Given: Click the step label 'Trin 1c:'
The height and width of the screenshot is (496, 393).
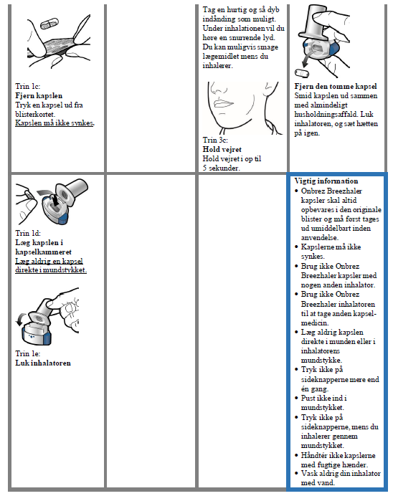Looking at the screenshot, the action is [x=28, y=86].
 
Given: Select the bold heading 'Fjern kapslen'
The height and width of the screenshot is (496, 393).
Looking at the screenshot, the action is [x=39, y=95].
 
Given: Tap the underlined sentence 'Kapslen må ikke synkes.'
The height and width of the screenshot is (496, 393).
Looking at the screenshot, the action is [x=55, y=123].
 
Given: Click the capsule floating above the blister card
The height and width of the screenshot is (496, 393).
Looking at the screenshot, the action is [x=49, y=24].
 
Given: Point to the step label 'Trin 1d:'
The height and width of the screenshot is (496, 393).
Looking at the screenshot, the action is [x=28, y=233].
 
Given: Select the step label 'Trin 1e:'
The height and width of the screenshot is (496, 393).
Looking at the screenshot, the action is [x=28, y=353].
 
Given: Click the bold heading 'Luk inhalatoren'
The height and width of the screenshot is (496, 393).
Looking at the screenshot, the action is [x=43, y=363].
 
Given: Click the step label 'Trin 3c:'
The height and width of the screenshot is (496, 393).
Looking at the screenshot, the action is [x=215, y=140].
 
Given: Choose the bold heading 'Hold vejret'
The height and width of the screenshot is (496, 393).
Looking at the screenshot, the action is [x=222, y=149].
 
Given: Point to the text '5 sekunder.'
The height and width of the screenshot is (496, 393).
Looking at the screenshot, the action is [x=221, y=168].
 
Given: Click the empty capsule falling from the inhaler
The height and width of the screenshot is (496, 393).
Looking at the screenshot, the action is [x=301, y=73].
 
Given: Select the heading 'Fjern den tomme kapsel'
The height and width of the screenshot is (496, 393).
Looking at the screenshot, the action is [x=336, y=86].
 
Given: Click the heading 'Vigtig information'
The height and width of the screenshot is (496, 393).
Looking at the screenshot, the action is [x=326, y=181].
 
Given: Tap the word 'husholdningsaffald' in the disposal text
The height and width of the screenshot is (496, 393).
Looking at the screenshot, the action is [x=326, y=114].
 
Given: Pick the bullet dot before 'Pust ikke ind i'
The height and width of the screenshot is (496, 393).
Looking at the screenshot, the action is [x=296, y=399].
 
